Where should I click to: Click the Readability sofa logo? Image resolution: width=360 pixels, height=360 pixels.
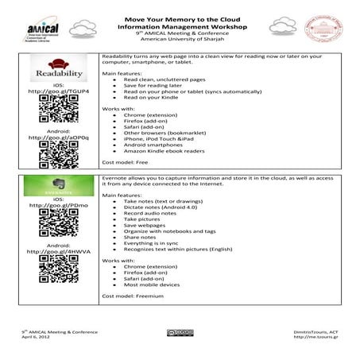58,70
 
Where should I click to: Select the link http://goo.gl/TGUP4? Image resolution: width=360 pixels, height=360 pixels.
58,92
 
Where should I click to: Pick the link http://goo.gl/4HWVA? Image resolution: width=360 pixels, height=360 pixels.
58,251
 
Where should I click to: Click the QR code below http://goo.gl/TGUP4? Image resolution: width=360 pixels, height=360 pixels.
58,110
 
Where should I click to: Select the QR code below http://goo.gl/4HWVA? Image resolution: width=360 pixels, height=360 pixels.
58,270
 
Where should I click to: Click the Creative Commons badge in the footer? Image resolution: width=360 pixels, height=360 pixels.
180,332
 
